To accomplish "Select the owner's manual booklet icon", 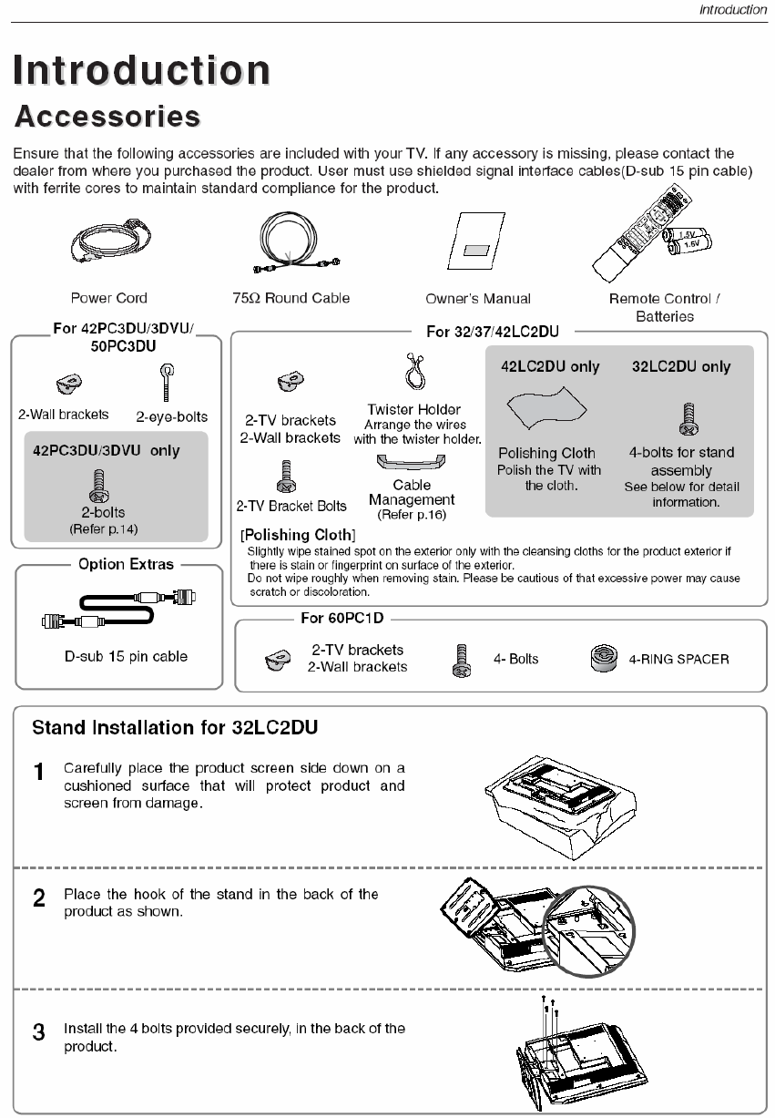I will pyautogui.click(x=477, y=246).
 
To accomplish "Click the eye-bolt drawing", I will pyautogui.click(x=168, y=381).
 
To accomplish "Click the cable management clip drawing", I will pyautogui.click(x=412, y=464).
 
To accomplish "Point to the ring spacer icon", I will pyautogui.click(x=604, y=658).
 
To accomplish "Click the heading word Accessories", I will pyautogui.click(x=107, y=118).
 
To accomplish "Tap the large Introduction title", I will pyautogui.click(x=141, y=70).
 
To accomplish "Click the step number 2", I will pyautogui.click(x=38, y=898).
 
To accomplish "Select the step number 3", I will pyautogui.click(x=38, y=1032).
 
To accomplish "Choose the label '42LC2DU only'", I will pyautogui.click(x=550, y=366).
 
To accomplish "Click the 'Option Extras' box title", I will pyautogui.click(x=126, y=564).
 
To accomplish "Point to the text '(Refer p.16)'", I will pyautogui.click(x=412, y=515).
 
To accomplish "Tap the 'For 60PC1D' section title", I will pyautogui.click(x=342, y=619).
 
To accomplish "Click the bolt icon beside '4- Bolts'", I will pyautogui.click(x=461, y=660).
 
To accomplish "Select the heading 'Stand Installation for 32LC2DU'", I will pyautogui.click(x=175, y=728).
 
